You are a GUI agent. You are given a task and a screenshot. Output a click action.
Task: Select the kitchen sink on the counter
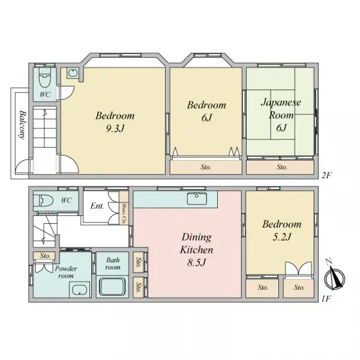pyautogui.click(x=196, y=199)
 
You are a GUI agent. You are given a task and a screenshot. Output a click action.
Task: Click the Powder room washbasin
pyautogui.click(x=79, y=292)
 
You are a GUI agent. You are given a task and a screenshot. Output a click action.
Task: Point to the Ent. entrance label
pyautogui.click(x=97, y=206)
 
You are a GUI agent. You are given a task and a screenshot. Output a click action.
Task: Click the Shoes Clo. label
pyautogui.click(x=124, y=213)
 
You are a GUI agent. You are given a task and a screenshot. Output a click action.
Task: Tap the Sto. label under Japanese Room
pyautogui.click(x=281, y=167)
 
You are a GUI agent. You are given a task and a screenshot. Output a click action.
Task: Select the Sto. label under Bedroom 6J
pyautogui.click(x=205, y=167)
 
